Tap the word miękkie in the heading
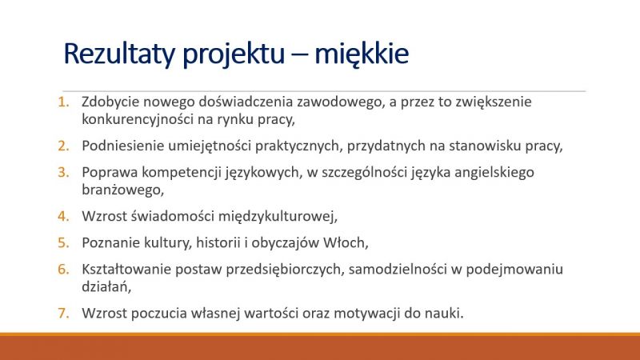(362, 54)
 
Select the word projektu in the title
(234, 54)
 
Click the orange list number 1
(63, 102)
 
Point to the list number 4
(63, 216)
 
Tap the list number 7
(63, 313)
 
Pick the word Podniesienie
(122, 146)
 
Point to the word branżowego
(122, 190)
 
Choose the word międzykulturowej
(278, 216)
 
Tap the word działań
(106, 287)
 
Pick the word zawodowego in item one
(342, 102)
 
